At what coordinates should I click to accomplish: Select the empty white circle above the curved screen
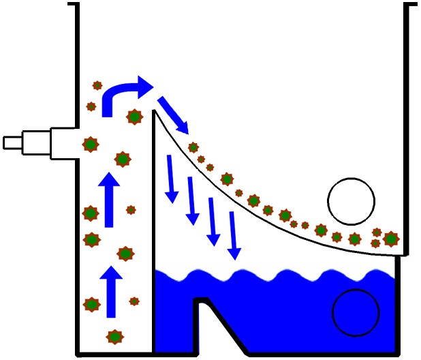[351, 201]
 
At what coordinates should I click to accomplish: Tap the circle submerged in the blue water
[355, 312]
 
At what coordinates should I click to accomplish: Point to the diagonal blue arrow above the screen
[174, 114]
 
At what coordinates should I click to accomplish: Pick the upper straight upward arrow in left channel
[108, 199]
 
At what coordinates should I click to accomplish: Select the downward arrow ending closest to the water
[234, 236]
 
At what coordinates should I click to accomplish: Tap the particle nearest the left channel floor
[114, 336]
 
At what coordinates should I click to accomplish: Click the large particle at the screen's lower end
[390, 239]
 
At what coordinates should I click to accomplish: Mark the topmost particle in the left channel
[97, 86]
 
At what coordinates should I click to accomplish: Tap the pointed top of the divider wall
[156, 112]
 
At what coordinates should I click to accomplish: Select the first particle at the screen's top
[193, 147]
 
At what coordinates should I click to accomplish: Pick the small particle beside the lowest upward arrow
[134, 301]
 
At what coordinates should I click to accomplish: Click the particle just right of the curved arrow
[134, 117]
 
